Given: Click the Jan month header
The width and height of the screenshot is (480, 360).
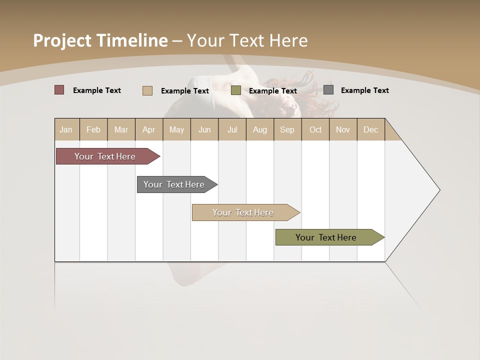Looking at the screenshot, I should [x=66, y=129].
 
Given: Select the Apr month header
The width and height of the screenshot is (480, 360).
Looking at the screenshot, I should [x=148, y=129].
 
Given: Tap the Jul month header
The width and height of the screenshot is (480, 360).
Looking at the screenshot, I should [x=232, y=129].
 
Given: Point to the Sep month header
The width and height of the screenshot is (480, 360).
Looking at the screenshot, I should [x=287, y=129].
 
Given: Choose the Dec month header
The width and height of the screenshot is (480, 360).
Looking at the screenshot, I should [x=370, y=129].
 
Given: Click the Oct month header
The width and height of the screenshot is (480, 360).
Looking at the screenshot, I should [x=315, y=129].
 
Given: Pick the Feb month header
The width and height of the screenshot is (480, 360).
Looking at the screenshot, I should [x=93, y=129].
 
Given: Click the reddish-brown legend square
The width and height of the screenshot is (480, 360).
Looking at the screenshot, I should [x=59, y=90].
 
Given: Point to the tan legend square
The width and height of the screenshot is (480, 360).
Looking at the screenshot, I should [x=147, y=90].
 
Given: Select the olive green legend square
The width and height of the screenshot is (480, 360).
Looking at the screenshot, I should [x=236, y=90].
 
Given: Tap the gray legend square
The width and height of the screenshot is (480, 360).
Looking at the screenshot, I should [x=328, y=90].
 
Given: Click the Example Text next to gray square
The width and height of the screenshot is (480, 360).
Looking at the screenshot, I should [x=364, y=90].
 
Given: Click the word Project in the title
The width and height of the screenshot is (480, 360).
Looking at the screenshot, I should [x=61, y=40].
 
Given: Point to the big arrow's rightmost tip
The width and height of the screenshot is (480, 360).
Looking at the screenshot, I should [x=439, y=190].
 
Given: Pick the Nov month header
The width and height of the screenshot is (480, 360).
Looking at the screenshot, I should [x=342, y=129].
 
